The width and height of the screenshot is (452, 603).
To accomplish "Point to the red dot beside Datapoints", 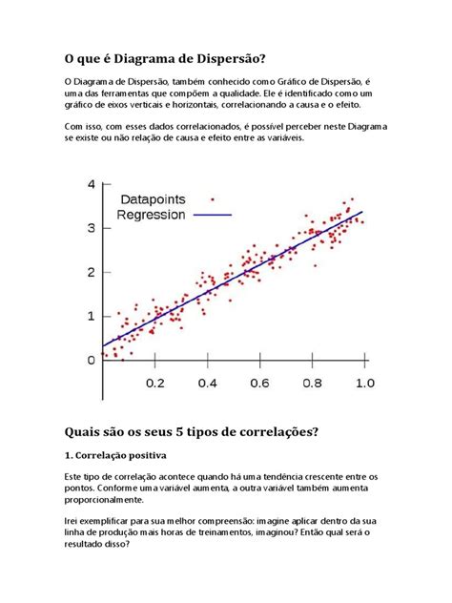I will point(212,200).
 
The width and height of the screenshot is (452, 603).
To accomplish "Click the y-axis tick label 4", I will point(92,184).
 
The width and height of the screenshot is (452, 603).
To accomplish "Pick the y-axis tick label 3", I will point(92,228).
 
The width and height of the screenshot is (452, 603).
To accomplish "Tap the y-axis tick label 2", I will point(92,272).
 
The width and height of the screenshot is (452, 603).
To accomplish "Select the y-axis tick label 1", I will point(92,316).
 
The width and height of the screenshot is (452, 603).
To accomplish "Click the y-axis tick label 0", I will point(92,360).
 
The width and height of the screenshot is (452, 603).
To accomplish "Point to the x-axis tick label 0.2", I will point(155,382).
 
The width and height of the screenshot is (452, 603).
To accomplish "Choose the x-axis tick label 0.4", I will point(207,382).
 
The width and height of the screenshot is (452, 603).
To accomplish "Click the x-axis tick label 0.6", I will point(259,382).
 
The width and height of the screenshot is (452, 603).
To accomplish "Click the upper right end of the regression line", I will point(362,212).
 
